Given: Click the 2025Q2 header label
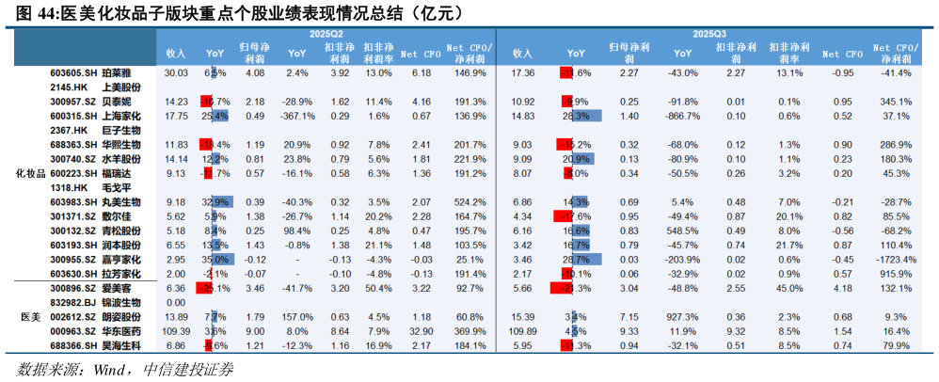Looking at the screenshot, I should (326, 35).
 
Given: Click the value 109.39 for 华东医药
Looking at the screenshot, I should (175, 331).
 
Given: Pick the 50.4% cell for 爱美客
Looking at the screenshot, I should (378, 288).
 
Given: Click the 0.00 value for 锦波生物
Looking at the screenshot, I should (175, 303).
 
